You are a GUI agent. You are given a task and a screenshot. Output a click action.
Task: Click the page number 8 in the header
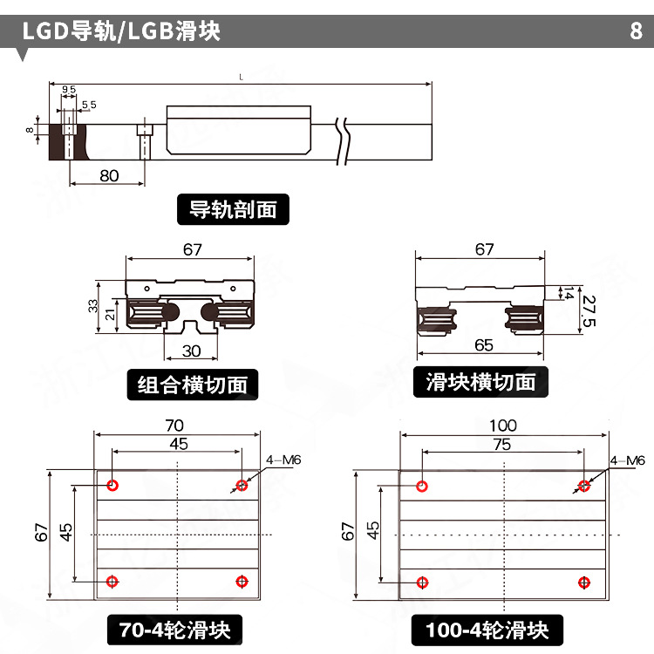[636, 31]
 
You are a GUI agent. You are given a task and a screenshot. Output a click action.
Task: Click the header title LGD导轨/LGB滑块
[121, 31]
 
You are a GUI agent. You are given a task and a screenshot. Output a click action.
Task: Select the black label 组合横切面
[194, 384]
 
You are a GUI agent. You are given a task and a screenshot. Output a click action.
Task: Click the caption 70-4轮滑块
[174, 630]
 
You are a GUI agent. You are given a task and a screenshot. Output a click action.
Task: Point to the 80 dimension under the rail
[109, 175]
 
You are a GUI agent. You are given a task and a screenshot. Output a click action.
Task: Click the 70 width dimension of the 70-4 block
[174, 426]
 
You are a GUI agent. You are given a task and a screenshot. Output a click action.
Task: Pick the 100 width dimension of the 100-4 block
[502, 426]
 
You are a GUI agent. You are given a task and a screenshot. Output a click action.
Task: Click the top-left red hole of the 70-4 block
[112, 485]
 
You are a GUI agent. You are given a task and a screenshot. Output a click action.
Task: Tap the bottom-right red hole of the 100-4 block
[584, 582]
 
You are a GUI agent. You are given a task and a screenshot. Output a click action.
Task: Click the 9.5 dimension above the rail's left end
[69, 90]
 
